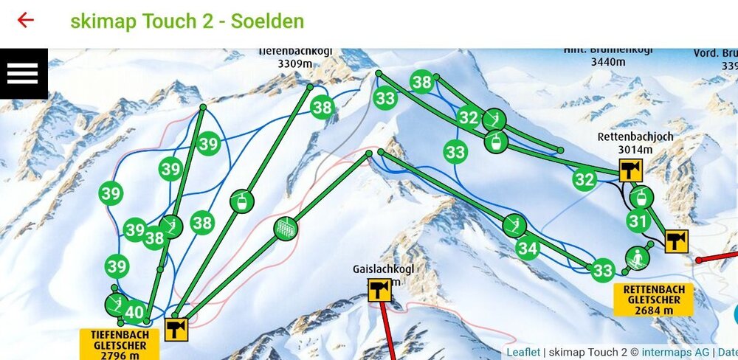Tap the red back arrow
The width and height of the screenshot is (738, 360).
point(26,20)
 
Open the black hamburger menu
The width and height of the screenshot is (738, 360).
point(23,72)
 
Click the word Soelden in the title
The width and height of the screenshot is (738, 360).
point(267,21)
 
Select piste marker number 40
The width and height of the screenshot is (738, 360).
point(134,313)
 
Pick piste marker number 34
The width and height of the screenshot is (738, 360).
point(527,249)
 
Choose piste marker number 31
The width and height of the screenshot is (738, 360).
point(638,221)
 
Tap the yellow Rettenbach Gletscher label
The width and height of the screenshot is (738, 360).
point(653,300)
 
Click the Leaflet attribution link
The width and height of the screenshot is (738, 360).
point(523,353)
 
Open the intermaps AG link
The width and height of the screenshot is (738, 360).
point(675,353)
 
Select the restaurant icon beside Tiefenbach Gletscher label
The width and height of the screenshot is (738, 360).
point(176,329)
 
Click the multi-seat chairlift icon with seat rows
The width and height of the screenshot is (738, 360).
point(286,229)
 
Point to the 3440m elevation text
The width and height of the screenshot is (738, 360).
point(608,63)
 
